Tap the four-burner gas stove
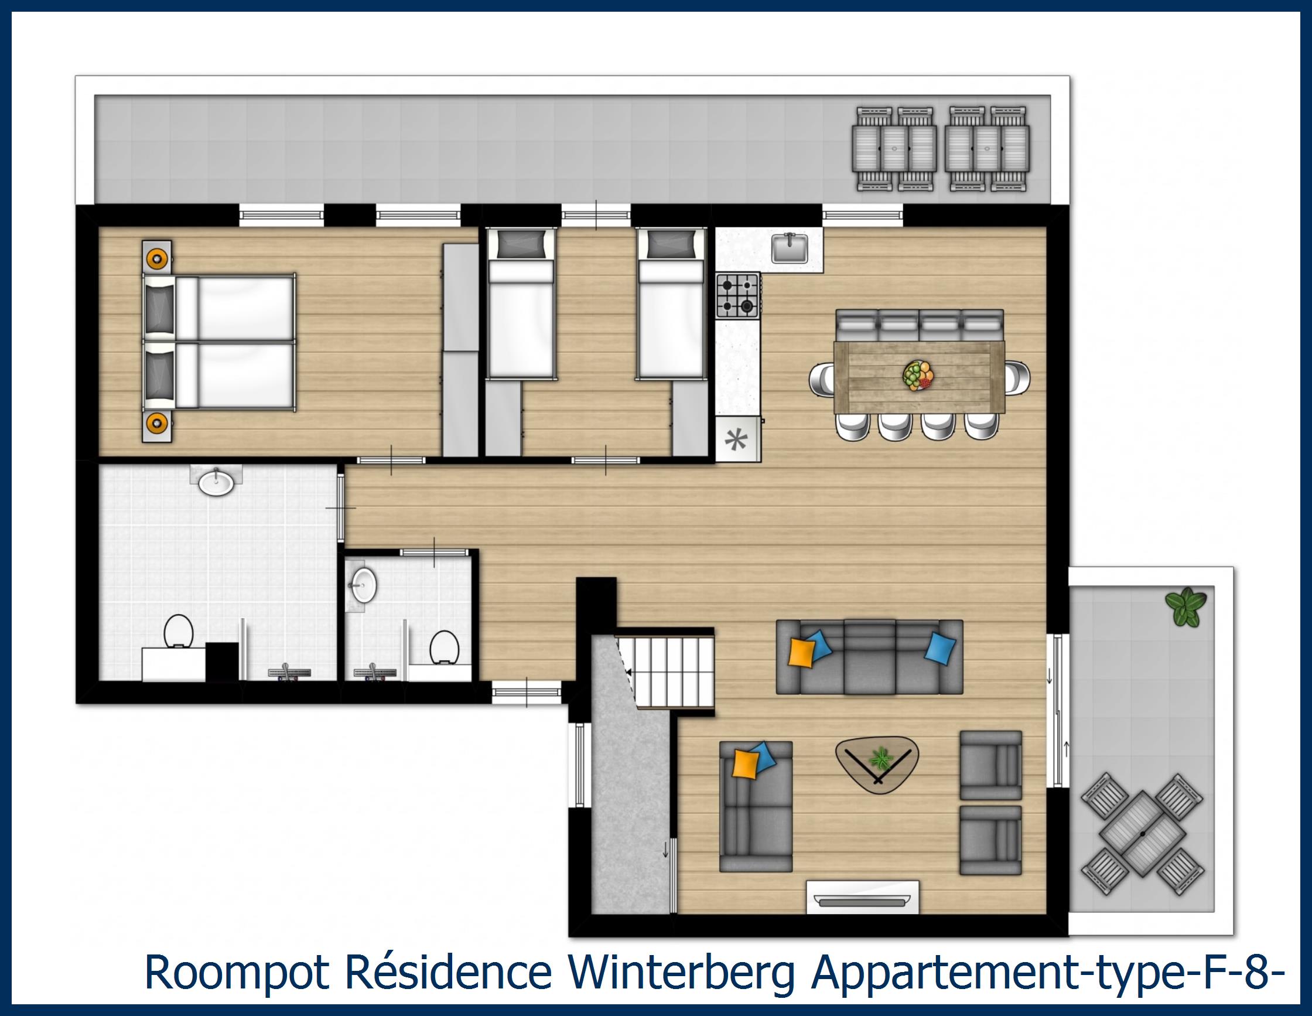(x=737, y=295)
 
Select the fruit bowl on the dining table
(x=918, y=376)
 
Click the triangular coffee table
(x=877, y=765)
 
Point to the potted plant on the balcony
(x=1185, y=608)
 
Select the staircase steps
(x=666, y=669)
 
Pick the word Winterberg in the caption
(x=679, y=973)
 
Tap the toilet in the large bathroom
(x=178, y=631)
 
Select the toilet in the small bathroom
(x=445, y=646)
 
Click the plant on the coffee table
(x=881, y=758)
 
